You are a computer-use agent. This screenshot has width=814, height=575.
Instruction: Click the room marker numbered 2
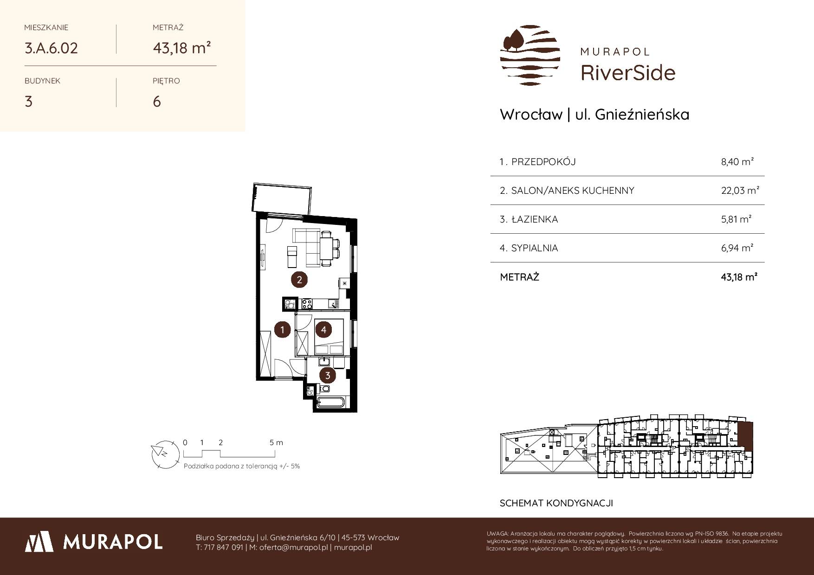click(299, 280)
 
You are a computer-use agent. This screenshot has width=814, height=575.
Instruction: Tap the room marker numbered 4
click(323, 330)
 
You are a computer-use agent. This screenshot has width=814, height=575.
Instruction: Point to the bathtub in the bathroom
click(329, 402)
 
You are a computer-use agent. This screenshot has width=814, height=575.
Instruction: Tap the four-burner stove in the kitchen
click(307, 304)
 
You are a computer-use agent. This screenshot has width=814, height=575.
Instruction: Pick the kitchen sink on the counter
click(333, 304)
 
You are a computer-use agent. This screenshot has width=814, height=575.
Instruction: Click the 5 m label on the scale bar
click(277, 442)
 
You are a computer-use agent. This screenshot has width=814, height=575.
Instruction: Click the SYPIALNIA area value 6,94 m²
click(737, 248)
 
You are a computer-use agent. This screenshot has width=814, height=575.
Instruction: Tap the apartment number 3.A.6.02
click(51, 48)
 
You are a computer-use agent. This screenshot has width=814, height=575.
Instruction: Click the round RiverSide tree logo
click(530, 55)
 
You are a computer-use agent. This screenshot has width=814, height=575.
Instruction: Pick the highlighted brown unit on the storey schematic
click(745, 435)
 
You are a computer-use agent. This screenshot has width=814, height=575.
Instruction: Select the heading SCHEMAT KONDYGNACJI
click(556, 503)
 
